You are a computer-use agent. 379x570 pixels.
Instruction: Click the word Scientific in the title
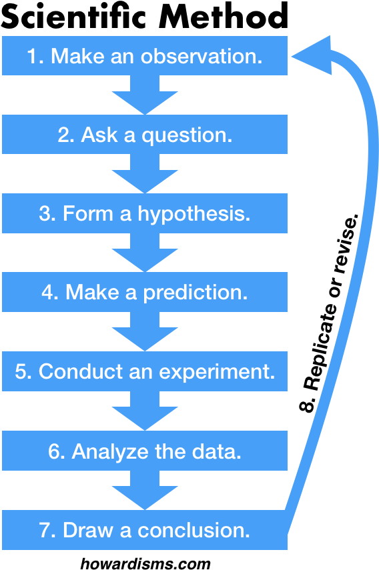coord(74,17)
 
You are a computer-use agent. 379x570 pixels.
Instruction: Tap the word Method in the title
coord(223,17)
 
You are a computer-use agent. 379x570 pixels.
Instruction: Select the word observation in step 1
coord(202,57)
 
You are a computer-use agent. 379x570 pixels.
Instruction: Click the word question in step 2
coord(187,136)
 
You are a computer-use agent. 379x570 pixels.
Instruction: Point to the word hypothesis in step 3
coord(194,215)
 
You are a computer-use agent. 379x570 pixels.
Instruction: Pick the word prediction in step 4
coord(196,293)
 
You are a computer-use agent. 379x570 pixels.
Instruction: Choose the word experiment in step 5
coord(217,372)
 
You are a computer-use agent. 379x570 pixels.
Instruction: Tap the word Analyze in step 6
coord(111,452)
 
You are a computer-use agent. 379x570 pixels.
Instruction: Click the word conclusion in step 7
coord(194,531)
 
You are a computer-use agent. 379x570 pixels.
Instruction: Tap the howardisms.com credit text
coord(145,563)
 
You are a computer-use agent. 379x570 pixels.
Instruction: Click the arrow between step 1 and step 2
coord(145,95)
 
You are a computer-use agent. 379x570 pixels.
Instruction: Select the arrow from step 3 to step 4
coord(145,253)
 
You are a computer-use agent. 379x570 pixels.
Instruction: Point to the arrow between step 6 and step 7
coord(145,490)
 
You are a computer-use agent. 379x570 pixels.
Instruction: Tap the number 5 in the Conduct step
coord(21,371)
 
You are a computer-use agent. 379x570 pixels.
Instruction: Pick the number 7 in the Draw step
coord(45,531)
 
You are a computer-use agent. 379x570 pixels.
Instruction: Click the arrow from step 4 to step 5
coord(145,331)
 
